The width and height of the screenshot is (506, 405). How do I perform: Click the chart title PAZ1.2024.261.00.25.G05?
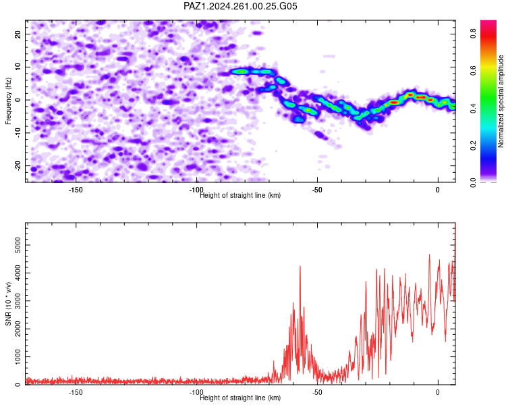click(x=240, y=6)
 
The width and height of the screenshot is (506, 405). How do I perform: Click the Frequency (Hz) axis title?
click(x=8, y=101)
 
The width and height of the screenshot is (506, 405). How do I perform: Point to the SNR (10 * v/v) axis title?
click(x=8, y=304)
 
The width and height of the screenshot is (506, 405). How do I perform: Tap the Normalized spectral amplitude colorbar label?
click(x=501, y=101)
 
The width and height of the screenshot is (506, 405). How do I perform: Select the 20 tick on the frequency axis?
click(x=18, y=34)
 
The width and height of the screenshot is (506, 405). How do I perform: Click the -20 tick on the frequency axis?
click(x=18, y=166)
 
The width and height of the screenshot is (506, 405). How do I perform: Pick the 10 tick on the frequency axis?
click(x=18, y=67)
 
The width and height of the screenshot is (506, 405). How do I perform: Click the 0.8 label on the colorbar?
click(x=473, y=33)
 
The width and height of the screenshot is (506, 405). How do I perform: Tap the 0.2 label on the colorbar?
click(x=473, y=145)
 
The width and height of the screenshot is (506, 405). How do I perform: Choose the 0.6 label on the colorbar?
click(x=473, y=70)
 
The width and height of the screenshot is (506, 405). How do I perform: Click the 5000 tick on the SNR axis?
click(x=18, y=245)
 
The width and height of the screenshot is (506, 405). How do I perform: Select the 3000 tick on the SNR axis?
click(x=18, y=301)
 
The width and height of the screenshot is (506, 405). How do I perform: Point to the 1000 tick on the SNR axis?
click(x=18, y=357)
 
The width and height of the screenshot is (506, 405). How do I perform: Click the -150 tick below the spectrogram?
click(x=76, y=190)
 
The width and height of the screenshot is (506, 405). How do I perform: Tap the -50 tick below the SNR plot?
click(x=317, y=392)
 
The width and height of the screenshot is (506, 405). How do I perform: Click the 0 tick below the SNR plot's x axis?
click(x=438, y=392)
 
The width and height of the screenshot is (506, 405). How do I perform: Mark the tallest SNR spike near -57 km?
click(x=300, y=266)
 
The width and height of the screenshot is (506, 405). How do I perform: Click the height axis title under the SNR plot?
click(x=240, y=398)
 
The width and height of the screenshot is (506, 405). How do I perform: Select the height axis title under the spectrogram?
click(x=240, y=195)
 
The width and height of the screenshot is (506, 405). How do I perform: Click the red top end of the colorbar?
click(x=488, y=21)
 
